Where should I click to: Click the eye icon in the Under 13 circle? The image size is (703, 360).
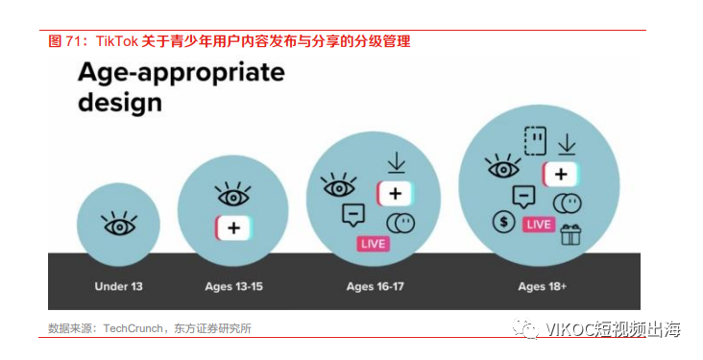119,226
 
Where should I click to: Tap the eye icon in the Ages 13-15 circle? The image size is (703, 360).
233,195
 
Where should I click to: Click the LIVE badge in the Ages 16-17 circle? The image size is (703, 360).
374,244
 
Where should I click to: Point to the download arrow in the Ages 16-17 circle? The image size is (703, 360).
395,163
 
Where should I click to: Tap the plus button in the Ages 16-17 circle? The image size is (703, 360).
394,192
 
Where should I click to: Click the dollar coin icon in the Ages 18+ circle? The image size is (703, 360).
500,222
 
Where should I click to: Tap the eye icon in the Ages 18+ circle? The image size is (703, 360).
503,168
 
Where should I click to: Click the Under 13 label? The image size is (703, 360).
119,286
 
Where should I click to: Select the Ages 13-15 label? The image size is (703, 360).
233,286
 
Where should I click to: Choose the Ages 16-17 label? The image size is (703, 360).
375,286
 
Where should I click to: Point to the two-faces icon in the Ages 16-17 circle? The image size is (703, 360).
400,223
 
